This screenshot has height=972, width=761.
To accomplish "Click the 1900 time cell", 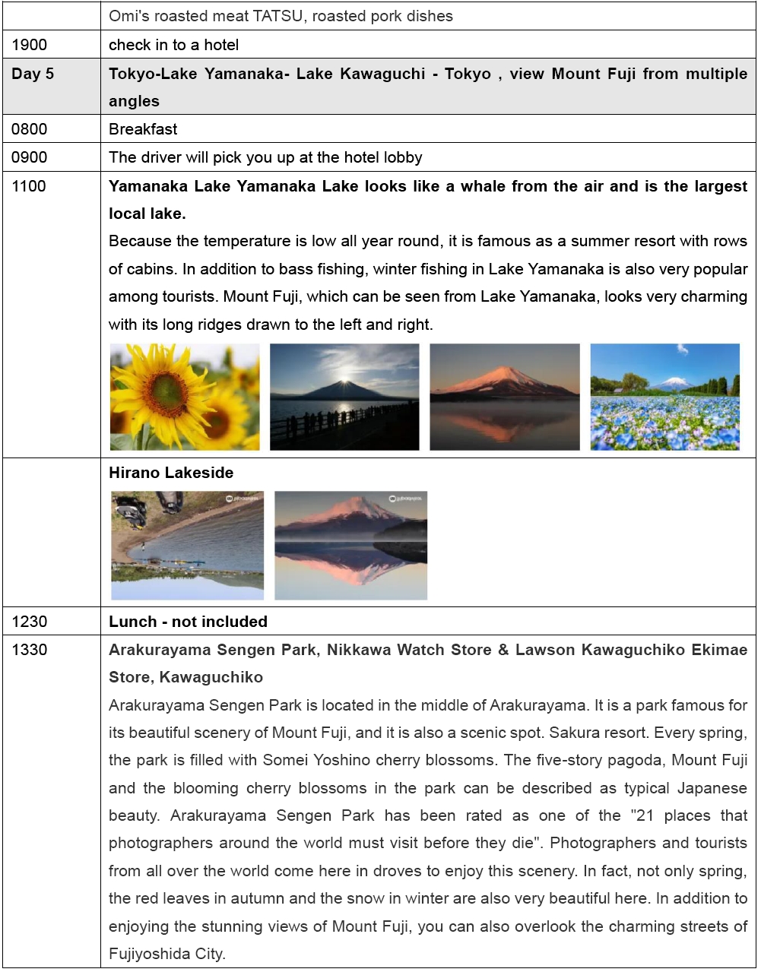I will (x=30, y=45).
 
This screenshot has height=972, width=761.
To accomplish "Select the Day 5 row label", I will (x=33, y=74).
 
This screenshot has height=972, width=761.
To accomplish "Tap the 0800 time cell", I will (x=30, y=129).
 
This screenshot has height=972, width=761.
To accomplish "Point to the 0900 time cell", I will (x=30, y=157).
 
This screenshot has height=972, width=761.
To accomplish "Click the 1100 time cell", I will (x=29, y=186).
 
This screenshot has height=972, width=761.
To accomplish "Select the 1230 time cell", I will (x=30, y=622).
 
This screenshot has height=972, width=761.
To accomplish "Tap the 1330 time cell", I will (x=30, y=650).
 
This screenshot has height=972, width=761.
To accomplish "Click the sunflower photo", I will (x=185, y=397).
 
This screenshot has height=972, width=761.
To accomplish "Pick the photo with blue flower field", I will (x=664, y=397).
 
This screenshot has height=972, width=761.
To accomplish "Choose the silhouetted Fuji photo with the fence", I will (x=344, y=397).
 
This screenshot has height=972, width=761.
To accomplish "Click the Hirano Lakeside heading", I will (x=171, y=473).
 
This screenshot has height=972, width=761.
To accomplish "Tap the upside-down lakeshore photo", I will (x=188, y=546).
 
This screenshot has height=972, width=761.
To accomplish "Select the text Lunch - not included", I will (x=188, y=622).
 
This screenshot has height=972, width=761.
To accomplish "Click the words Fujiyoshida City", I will (x=166, y=954).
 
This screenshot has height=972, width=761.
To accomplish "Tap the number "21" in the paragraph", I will (x=645, y=815).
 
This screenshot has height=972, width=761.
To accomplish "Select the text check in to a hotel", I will (x=173, y=45).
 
